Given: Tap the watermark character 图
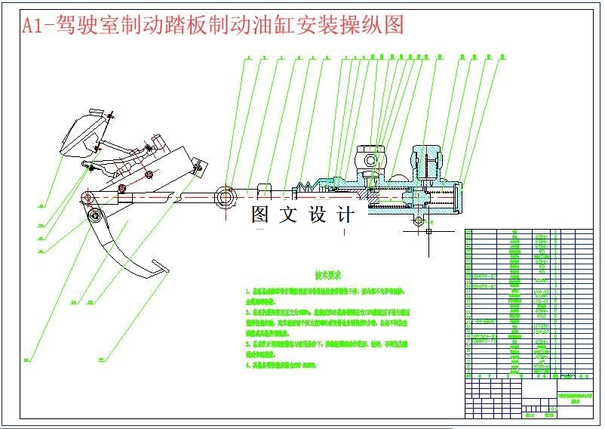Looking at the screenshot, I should (261, 214).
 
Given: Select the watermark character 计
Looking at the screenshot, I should (347, 214).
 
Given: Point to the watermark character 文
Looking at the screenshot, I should (289, 214).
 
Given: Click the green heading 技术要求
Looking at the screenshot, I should (329, 276).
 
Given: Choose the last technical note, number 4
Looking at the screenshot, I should (248, 364).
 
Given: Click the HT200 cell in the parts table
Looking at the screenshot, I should (539, 326).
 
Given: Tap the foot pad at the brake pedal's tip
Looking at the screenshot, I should (160, 265).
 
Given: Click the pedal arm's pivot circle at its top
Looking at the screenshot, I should (94, 217).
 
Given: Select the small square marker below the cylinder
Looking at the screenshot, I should (428, 231).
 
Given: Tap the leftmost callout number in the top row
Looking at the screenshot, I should (247, 57).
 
